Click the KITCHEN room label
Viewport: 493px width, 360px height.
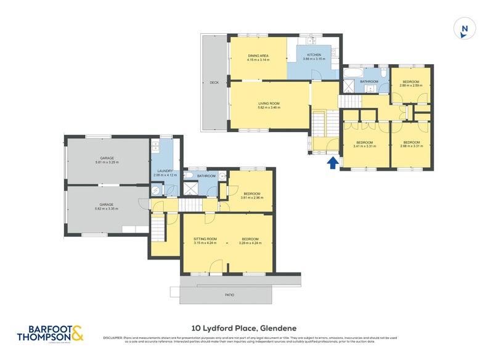(314, 55)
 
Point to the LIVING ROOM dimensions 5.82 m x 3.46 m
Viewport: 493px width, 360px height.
(269, 107)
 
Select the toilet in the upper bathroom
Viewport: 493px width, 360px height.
(383, 72)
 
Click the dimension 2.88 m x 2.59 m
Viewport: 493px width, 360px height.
(410, 86)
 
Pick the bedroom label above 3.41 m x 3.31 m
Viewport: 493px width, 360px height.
(365, 142)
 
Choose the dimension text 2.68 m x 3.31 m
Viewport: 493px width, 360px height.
(412, 146)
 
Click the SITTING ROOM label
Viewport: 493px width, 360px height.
(205, 239)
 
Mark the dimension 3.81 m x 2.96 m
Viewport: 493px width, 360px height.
(252, 198)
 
